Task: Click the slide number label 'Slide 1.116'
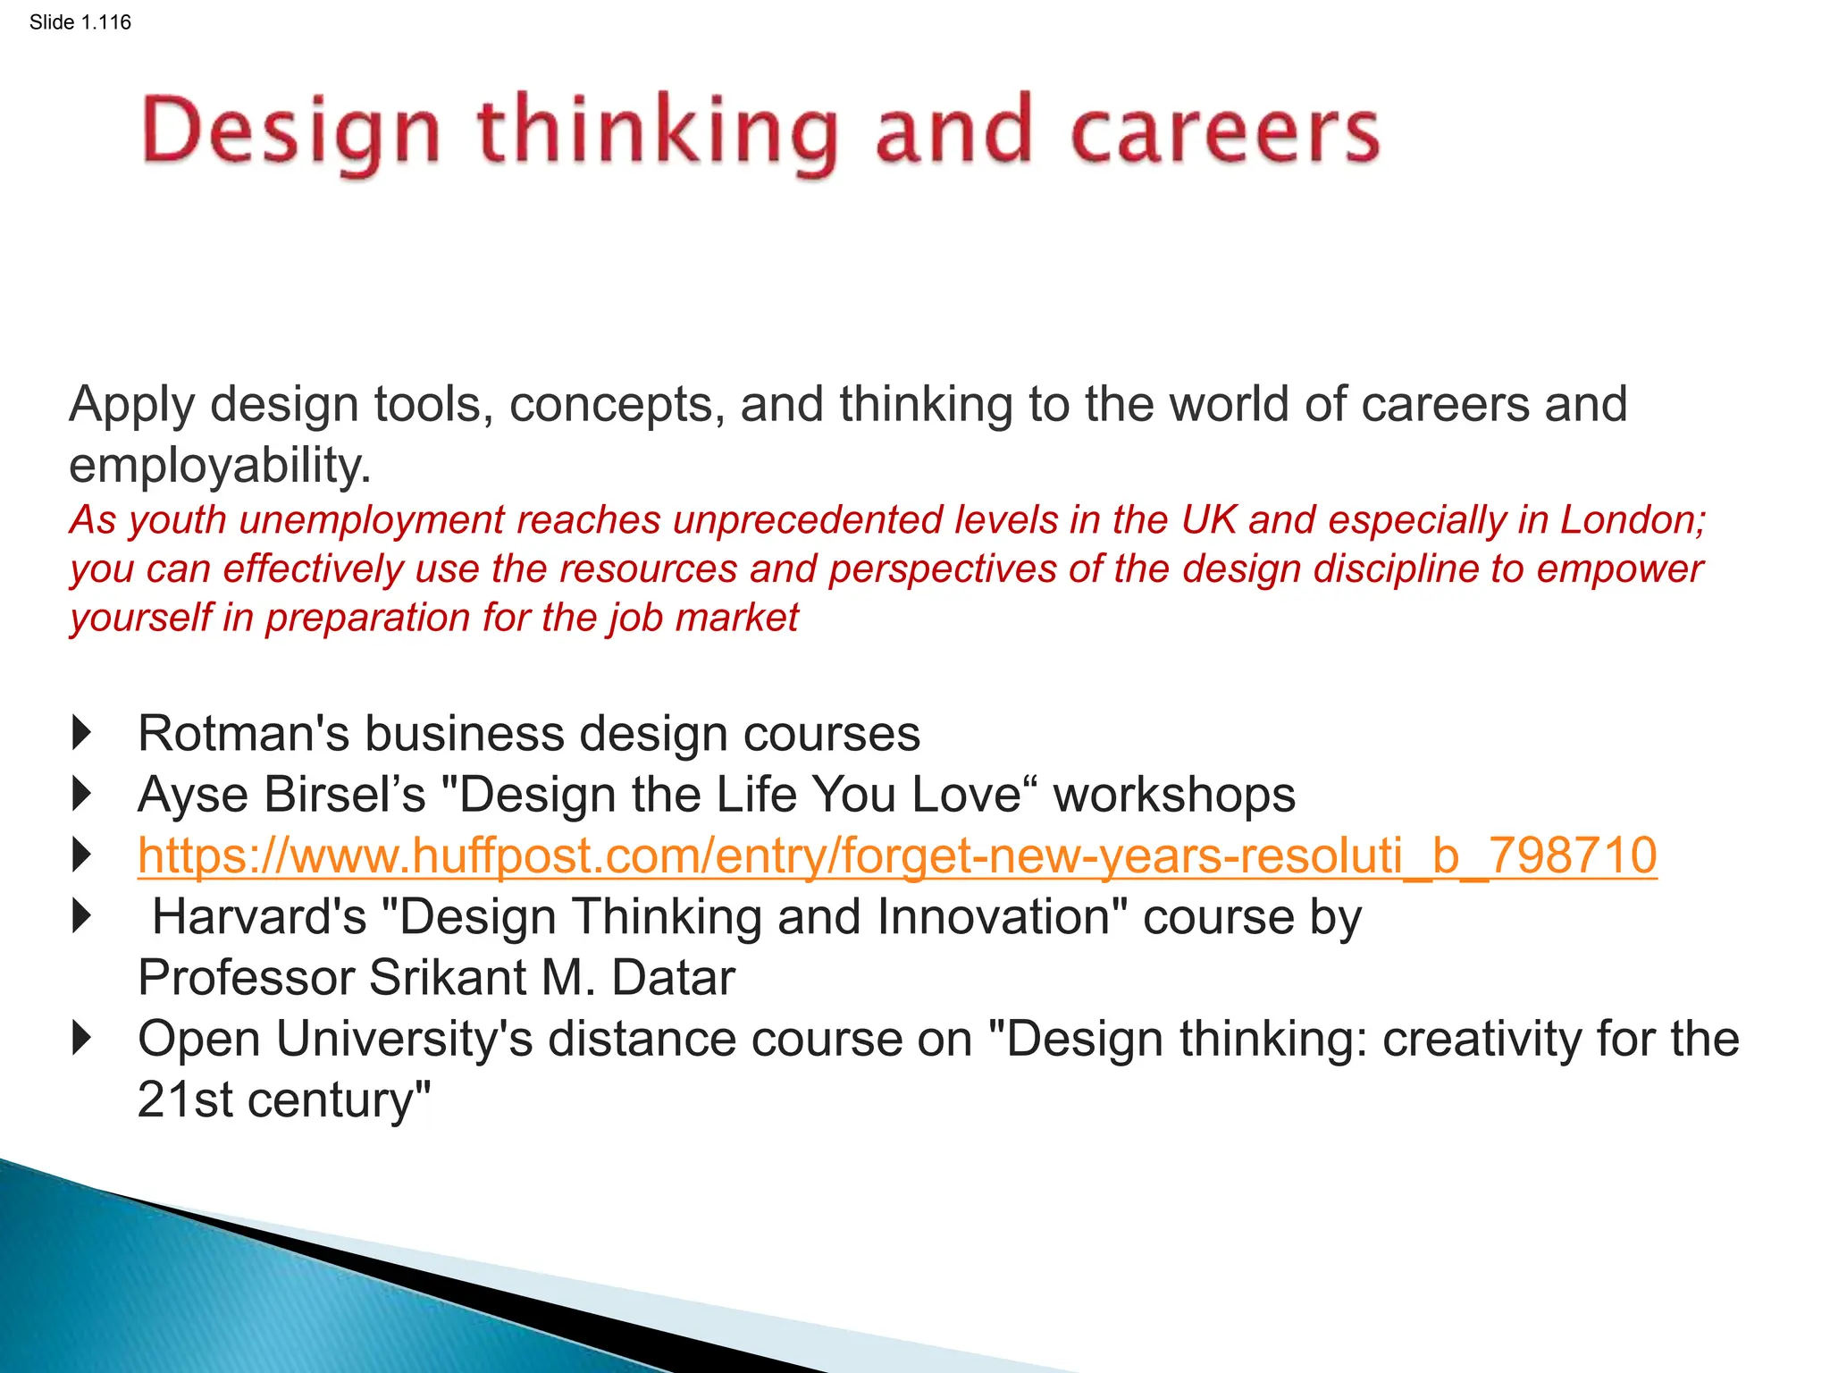tap(80, 22)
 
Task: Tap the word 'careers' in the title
tap(1224, 132)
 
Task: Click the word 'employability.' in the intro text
tap(220, 466)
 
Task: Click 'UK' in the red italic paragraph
tap(1208, 520)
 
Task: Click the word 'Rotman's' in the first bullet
tap(243, 734)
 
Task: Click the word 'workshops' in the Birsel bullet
tap(1174, 795)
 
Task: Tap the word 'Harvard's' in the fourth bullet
tap(259, 917)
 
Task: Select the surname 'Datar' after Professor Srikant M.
tap(673, 978)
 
